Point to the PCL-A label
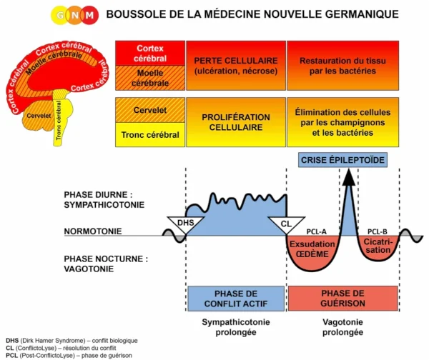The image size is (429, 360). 316,232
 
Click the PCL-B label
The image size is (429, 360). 376,232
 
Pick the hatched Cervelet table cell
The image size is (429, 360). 150,109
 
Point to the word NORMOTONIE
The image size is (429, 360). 92,231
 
